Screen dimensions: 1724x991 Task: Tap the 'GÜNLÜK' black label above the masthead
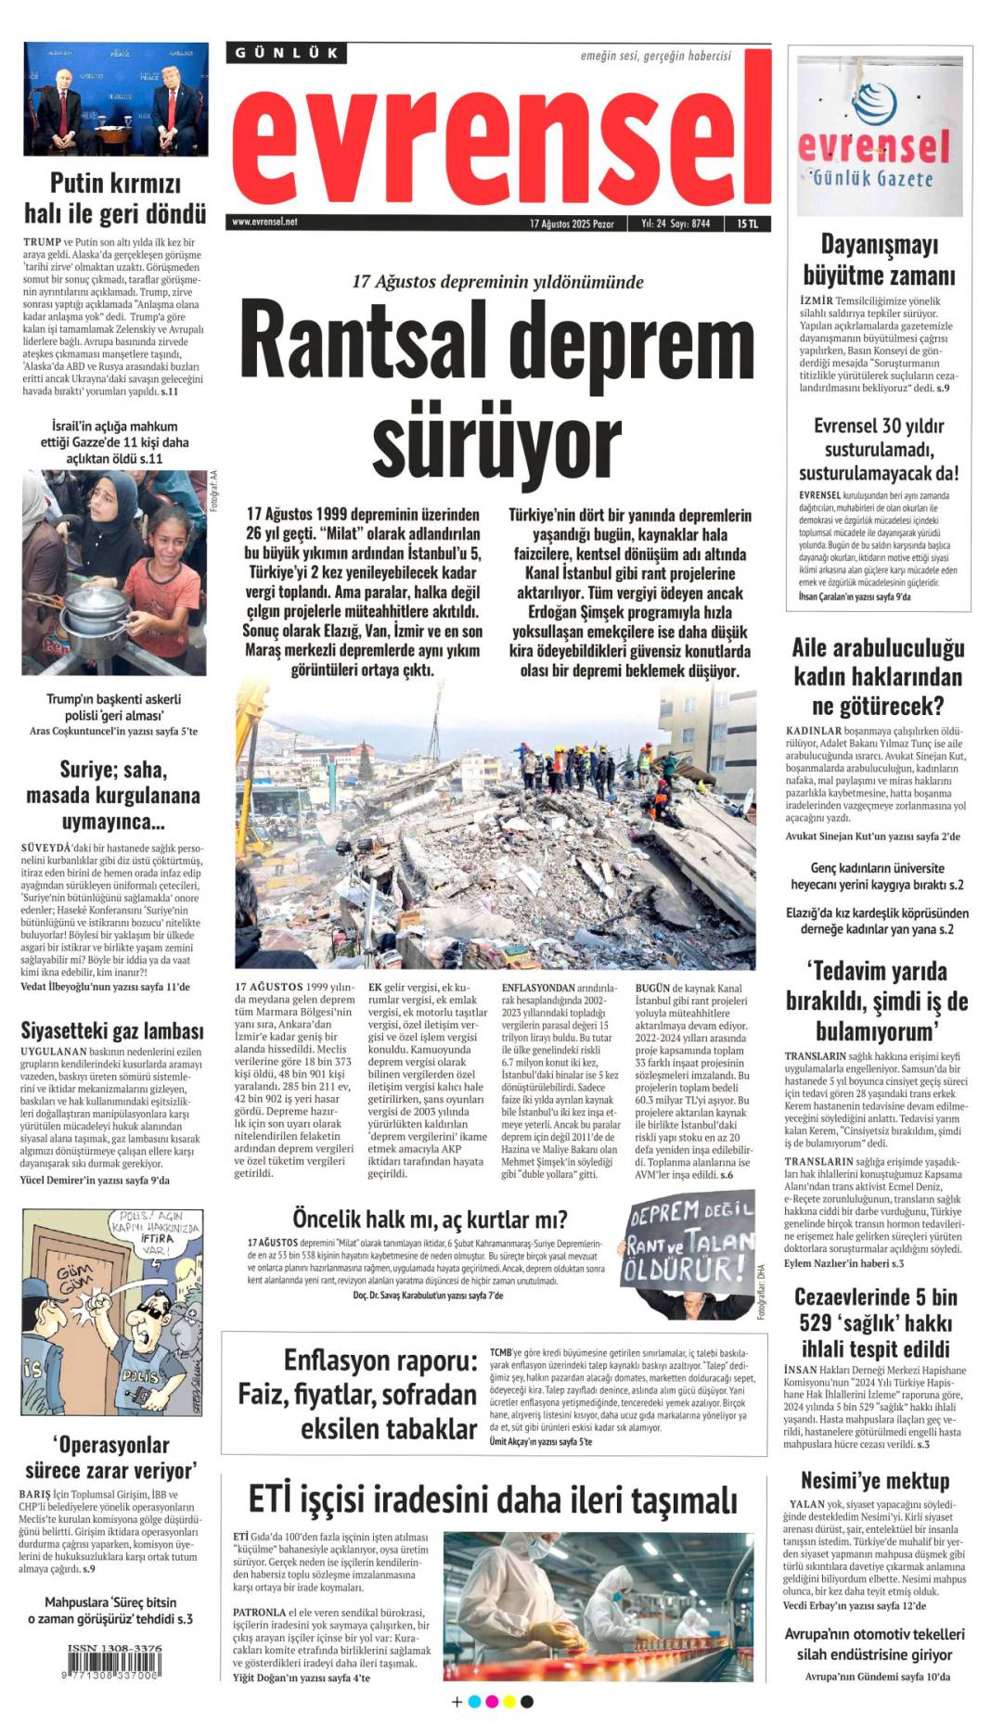(286, 53)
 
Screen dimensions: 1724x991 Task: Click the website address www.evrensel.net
(264, 223)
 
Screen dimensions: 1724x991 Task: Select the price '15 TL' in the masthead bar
(747, 223)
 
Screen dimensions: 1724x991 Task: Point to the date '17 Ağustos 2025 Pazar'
(572, 223)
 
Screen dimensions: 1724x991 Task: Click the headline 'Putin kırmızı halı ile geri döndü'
(114, 198)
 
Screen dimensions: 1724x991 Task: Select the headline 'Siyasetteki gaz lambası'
(112, 1030)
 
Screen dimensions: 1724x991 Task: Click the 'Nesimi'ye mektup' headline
(875, 1480)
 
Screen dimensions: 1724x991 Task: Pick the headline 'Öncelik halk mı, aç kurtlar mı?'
(430, 1218)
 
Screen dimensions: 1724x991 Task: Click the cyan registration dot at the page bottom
(475, 1701)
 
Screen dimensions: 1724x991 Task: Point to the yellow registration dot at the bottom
(509, 1701)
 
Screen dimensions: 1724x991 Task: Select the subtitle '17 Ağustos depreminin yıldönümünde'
(497, 282)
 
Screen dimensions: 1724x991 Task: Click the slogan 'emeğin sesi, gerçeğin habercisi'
(655, 56)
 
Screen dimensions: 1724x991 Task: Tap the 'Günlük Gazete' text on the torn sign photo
(872, 177)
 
